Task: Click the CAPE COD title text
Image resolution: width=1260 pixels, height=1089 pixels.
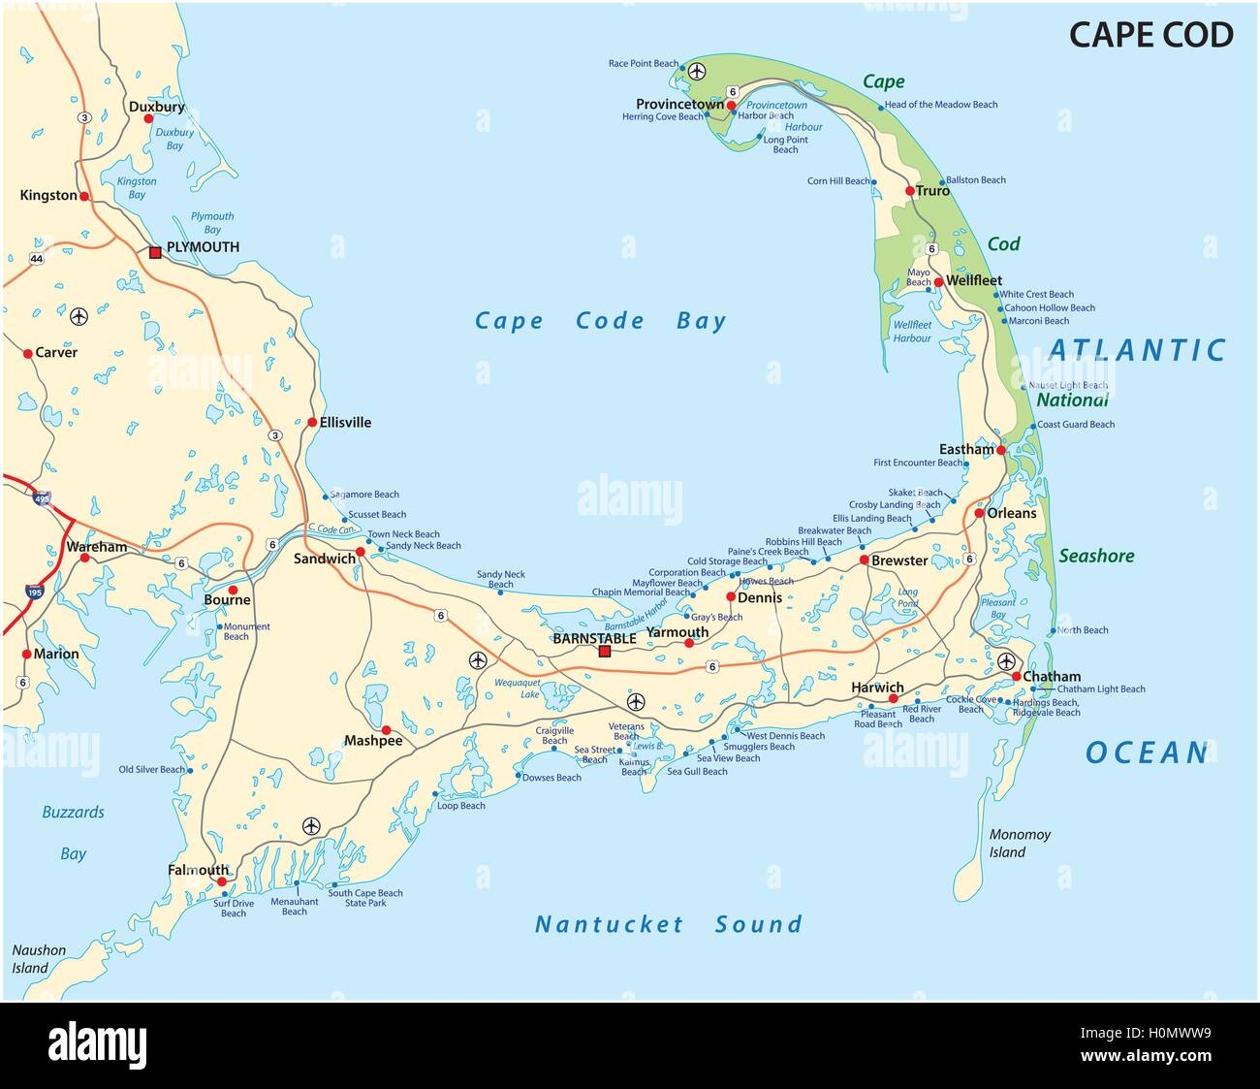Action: pos(1150,35)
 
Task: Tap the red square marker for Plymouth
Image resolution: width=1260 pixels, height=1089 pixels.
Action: pos(155,252)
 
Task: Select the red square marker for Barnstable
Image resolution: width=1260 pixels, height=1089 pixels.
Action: pos(605,652)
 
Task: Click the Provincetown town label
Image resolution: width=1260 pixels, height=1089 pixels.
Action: pos(679,104)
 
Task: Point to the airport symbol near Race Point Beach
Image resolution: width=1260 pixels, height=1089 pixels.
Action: pos(697,70)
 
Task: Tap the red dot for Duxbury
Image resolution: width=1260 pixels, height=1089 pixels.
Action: pos(148,118)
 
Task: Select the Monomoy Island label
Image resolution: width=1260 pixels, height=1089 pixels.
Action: pos(1020,843)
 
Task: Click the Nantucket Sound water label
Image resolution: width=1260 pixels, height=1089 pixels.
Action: pos(669,924)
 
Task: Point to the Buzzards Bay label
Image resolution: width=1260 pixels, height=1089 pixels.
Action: pos(73,832)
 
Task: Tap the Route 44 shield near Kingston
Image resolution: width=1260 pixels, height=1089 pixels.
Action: pos(37,258)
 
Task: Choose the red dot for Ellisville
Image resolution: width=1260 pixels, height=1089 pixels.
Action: pos(312,422)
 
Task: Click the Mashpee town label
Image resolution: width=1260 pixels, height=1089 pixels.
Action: pos(373,741)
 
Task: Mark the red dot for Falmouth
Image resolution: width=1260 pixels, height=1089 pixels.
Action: pos(222,881)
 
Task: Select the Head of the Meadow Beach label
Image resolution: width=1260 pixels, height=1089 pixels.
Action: pos(941,105)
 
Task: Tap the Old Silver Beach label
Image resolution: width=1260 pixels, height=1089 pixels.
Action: pos(151,770)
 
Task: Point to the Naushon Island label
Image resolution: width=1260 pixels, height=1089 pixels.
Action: pos(39,959)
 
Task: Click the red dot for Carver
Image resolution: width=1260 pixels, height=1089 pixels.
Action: pos(28,353)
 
